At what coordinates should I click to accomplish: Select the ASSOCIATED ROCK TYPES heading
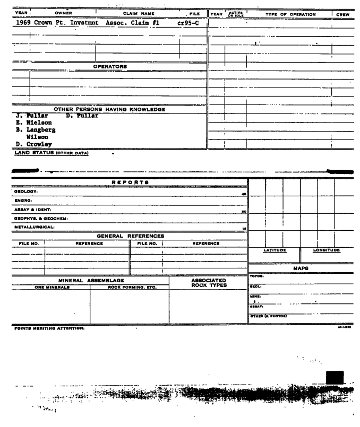pyautogui.click(x=208, y=284)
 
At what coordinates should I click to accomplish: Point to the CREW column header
pyautogui.click(x=344, y=14)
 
